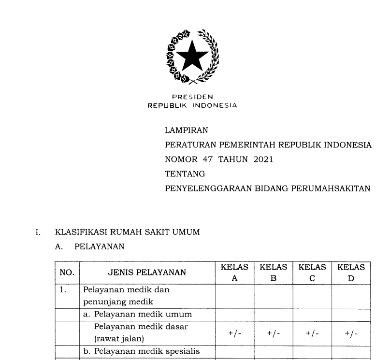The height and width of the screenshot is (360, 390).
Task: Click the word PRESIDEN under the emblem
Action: pos(192,97)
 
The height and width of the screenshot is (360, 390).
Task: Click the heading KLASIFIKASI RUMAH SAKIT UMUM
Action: pos(127,232)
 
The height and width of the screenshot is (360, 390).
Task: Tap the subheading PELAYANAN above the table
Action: pos(100,246)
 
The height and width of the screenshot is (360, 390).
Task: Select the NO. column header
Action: pos(67,273)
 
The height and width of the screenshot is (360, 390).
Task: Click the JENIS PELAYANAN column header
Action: pos(146,273)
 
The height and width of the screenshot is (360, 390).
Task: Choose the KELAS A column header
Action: pos(234,272)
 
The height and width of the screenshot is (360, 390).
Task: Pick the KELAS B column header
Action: pos(273,272)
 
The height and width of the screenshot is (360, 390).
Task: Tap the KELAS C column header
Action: pos(312,272)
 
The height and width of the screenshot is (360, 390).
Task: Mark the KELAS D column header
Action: pos(351,272)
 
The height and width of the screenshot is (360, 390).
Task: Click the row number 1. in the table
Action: pos(63,290)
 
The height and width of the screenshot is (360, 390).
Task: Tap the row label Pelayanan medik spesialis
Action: pos(142,351)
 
